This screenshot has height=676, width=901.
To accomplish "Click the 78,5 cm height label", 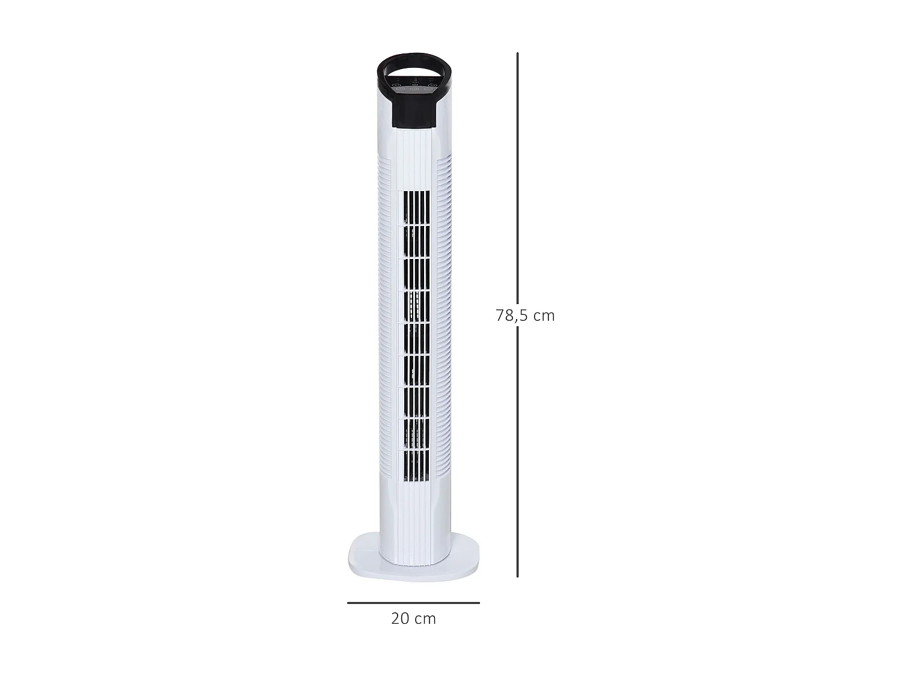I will pos(525,315).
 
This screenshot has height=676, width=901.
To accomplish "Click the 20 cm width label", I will pos(413,618).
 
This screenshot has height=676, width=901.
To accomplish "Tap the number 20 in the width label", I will pos(401,618).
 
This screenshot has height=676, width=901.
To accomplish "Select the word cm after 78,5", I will pos(544,315).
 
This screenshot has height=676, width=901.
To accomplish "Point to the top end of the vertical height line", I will pos(517,54).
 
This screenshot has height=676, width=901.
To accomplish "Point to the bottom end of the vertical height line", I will pos(517,576).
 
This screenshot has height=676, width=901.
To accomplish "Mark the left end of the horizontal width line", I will pos(348,603).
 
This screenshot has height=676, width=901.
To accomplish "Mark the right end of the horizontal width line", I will pos(479,603).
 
